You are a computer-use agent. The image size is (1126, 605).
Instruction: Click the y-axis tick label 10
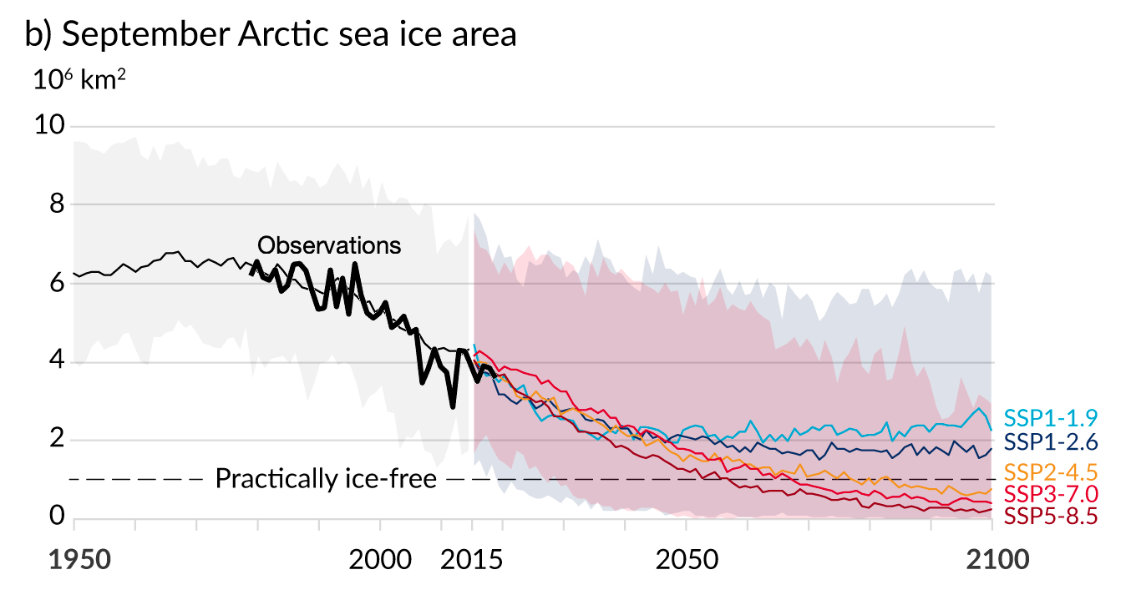50,126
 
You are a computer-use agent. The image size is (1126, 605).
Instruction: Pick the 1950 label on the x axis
79,559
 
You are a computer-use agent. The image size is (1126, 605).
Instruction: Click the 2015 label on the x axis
471,559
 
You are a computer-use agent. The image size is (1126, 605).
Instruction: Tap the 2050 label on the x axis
686,559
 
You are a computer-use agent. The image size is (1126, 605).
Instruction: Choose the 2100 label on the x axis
991,559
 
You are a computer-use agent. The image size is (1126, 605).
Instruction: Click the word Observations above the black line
329,245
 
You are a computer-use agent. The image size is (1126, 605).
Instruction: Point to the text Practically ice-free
326,479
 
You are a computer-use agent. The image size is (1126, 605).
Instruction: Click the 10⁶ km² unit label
79,83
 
